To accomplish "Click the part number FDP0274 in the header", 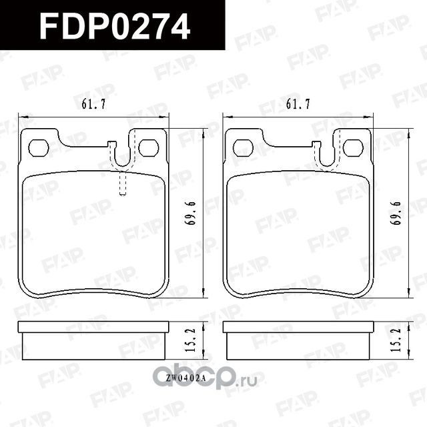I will pos(115,27).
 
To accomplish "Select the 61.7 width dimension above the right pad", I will pos(297,104).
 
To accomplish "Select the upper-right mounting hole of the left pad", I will pos(148,147).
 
